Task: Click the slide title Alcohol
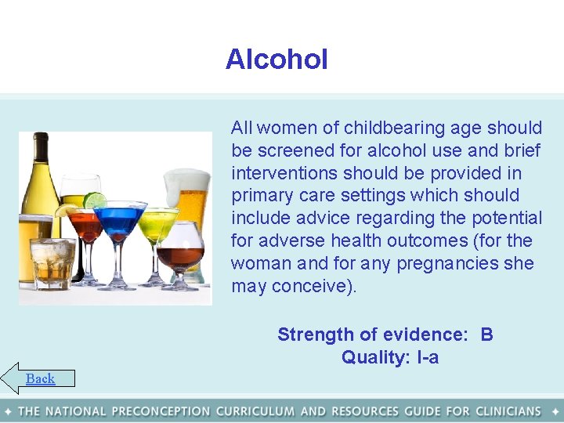tap(277, 60)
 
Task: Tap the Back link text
tap(40, 379)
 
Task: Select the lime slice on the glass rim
tap(94, 201)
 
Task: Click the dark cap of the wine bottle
tap(40, 142)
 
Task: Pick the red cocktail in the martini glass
tap(85, 230)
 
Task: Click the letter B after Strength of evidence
tap(486, 335)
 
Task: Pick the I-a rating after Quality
tap(428, 358)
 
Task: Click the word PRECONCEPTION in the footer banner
tap(161, 411)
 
